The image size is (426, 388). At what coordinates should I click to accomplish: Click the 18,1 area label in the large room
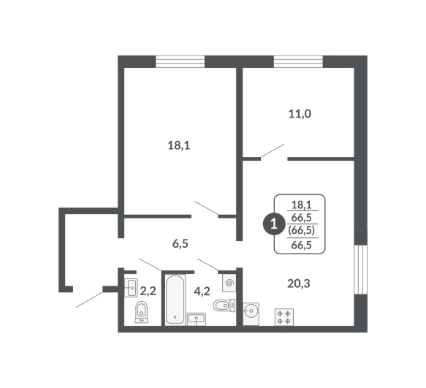coord(179,145)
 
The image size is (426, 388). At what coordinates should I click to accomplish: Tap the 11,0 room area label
coord(300,114)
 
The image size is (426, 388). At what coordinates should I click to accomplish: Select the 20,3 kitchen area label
coord(299,284)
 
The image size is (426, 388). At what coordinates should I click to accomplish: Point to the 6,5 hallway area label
coord(180,244)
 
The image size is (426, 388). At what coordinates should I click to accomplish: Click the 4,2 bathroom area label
coord(202,292)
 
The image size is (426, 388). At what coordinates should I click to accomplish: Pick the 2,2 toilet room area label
coord(148,292)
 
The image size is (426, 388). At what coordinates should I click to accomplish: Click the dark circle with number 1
coord(273,224)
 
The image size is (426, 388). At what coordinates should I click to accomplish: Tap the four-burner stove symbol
coord(284,317)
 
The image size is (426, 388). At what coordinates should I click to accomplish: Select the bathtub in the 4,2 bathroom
coord(175,300)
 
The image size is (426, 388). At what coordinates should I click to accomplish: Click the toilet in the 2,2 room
coord(142,312)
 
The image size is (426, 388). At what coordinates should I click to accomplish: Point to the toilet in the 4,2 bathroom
coord(224,305)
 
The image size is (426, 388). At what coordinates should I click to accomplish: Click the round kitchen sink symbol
coord(251,313)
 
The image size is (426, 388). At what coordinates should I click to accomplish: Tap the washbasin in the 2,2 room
coord(131,288)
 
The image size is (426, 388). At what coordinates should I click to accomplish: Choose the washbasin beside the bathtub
coord(197,319)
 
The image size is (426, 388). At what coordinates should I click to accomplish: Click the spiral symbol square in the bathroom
coord(229,283)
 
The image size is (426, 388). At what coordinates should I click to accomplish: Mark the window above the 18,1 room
coord(180,61)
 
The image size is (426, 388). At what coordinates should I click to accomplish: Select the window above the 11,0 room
coord(298,61)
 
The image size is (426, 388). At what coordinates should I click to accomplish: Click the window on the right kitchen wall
coord(361,270)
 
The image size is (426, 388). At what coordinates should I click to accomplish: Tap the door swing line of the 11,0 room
coord(273,151)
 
